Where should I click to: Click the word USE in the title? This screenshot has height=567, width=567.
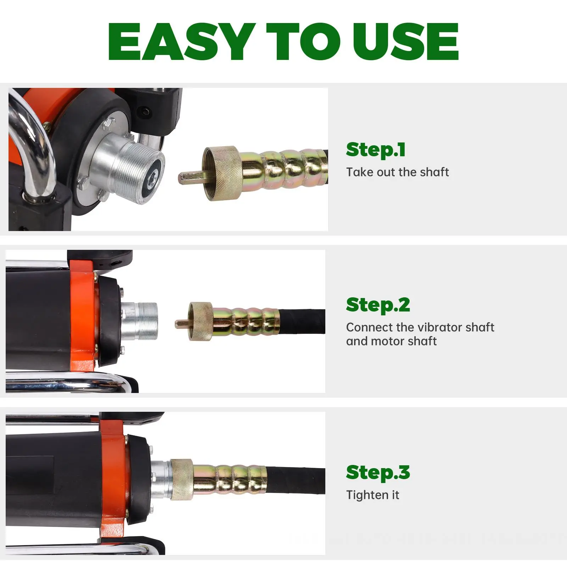406,41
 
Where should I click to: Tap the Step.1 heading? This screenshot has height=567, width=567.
376,150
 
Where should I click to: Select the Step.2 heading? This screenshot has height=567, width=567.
378,305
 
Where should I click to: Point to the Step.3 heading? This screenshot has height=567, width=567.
378,472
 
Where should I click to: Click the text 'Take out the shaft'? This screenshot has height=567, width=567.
397,172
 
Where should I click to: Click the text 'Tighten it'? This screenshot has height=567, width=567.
372,495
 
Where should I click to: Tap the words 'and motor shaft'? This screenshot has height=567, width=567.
391,341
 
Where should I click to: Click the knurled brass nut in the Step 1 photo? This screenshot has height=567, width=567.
222,173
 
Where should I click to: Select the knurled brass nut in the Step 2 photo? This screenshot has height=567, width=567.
200,321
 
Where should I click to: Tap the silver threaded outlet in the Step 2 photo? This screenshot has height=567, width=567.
140,321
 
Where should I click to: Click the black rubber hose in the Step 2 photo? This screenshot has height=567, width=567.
302,321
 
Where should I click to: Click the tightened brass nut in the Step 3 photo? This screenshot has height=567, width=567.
181,479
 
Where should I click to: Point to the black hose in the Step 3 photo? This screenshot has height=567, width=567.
296,481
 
